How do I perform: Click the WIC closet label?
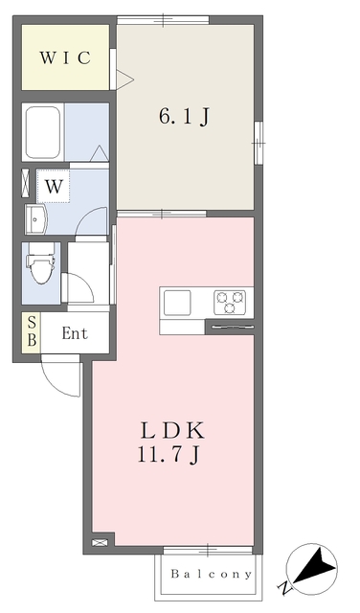[65, 57]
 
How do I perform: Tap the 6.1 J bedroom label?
[183, 118]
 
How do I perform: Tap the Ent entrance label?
[75, 334]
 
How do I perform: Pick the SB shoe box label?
[31, 332]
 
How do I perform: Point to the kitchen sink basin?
[177, 303]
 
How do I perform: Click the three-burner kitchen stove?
[229, 302]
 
